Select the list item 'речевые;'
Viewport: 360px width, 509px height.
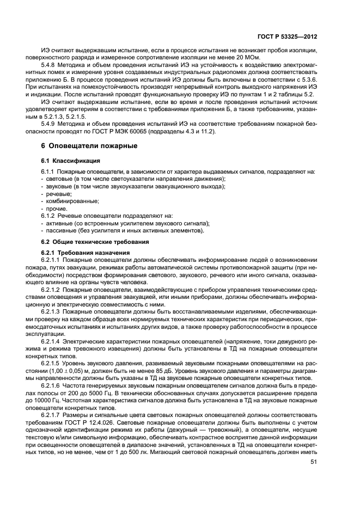(59, 194)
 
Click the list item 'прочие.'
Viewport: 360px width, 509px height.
(57, 208)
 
